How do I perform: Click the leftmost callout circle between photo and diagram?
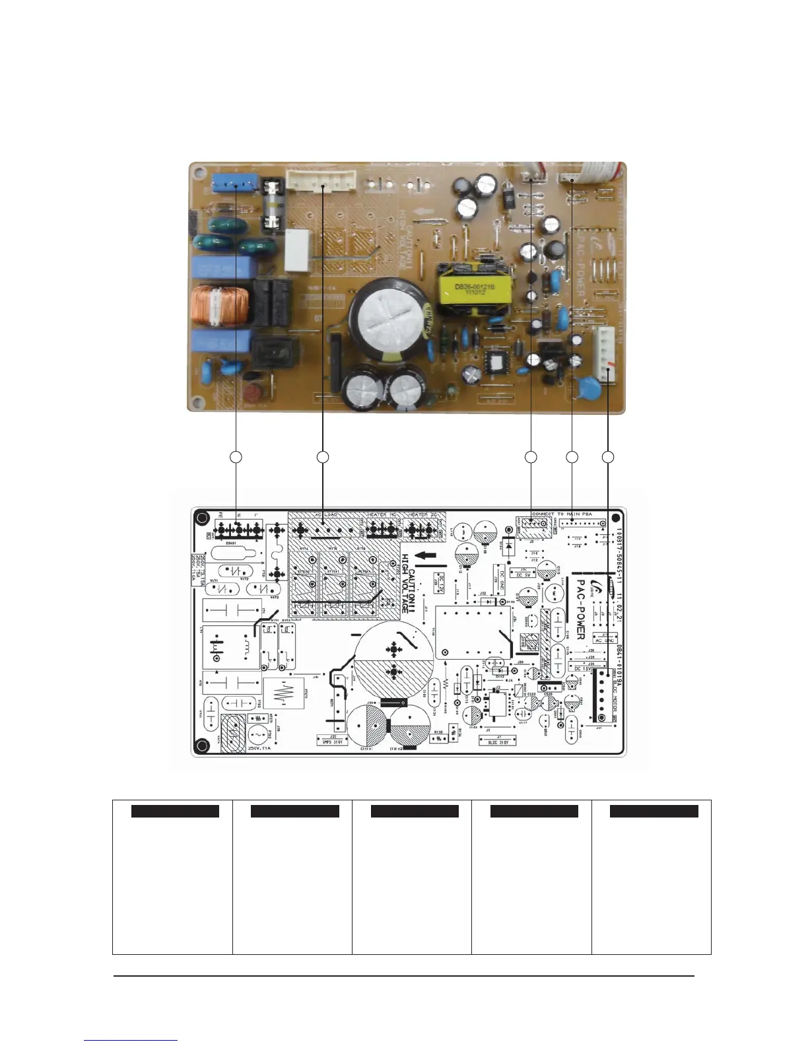236,457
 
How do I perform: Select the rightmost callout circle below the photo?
608,457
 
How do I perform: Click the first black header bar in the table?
175,812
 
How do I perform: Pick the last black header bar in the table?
654,812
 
